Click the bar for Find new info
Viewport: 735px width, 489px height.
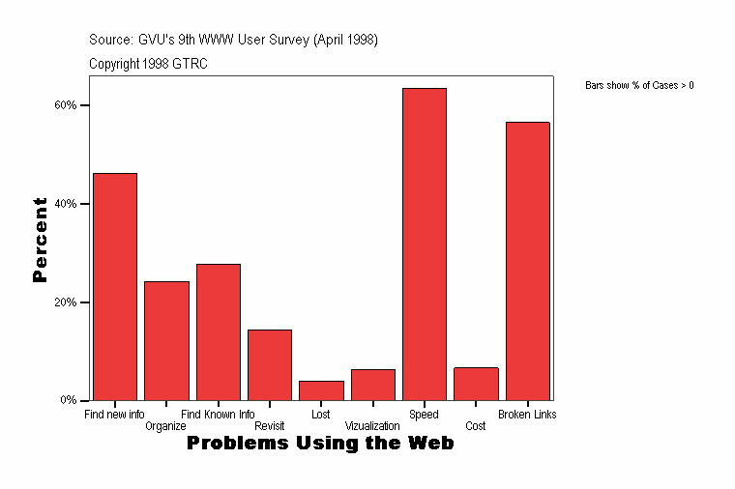[115, 286]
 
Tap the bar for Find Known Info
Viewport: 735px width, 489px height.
[219, 331]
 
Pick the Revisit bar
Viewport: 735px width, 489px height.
[270, 364]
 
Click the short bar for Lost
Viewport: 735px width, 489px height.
[321, 390]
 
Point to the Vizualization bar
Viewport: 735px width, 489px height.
[372, 385]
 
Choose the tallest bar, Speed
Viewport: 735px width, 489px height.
[425, 244]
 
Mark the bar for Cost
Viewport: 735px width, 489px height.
[476, 384]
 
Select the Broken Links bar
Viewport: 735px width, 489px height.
[527, 261]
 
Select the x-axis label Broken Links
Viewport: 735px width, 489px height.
[527, 415]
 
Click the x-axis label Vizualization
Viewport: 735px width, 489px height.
[372, 426]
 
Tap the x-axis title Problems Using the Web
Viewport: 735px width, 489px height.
[320, 444]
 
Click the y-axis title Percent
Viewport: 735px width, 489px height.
[40, 240]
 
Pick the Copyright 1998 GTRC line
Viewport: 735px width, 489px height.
[148, 64]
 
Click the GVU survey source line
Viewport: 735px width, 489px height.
[233, 40]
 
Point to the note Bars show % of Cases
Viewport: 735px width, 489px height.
[639, 86]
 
